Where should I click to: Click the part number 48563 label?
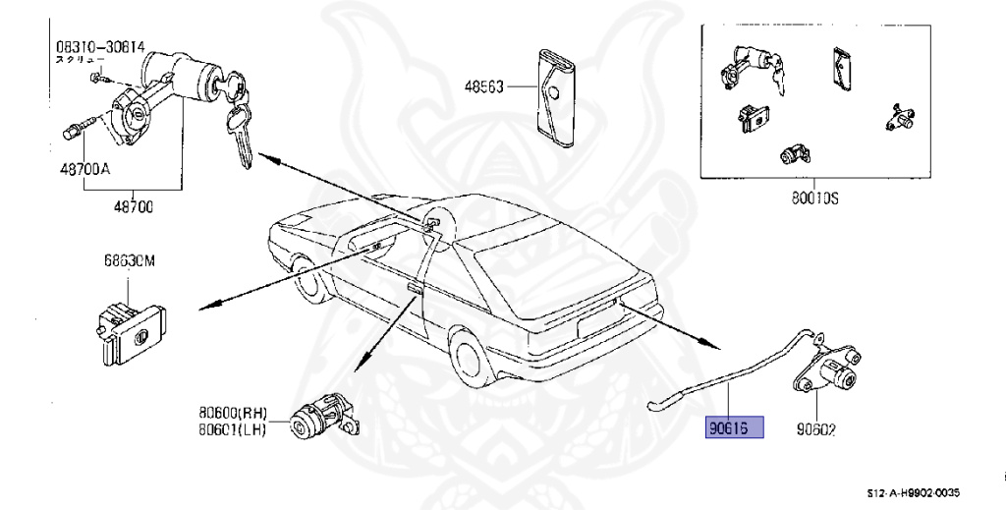(x=483, y=87)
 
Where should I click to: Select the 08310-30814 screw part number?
(x=98, y=46)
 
